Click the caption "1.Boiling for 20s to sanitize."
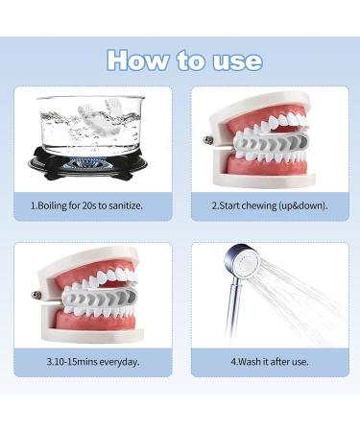[93, 205]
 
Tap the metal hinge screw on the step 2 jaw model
[208, 140]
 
